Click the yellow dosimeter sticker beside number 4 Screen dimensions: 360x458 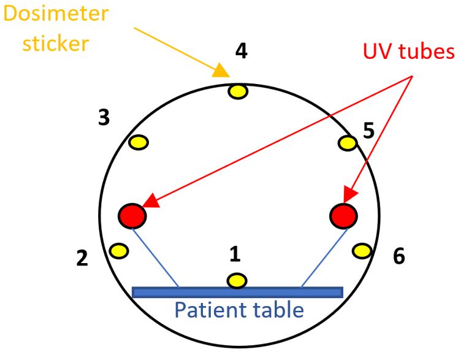[238, 92]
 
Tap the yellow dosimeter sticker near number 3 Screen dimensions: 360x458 [139, 142]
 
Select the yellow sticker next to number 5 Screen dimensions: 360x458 [348, 143]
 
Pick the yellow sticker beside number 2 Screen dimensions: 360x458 [118, 250]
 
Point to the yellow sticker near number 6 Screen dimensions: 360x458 [362, 250]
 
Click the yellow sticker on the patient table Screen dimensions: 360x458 [237, 281]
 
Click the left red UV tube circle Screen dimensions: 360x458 [132, 215]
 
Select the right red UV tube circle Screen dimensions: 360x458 [343, 215]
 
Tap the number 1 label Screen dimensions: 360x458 [234, 254]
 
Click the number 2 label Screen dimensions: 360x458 [82, 258]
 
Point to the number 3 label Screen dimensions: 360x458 [104, 117]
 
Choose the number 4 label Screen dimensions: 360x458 [241, 52]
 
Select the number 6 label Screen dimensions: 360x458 [399, 256]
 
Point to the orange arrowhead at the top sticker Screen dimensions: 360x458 [222, 72]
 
